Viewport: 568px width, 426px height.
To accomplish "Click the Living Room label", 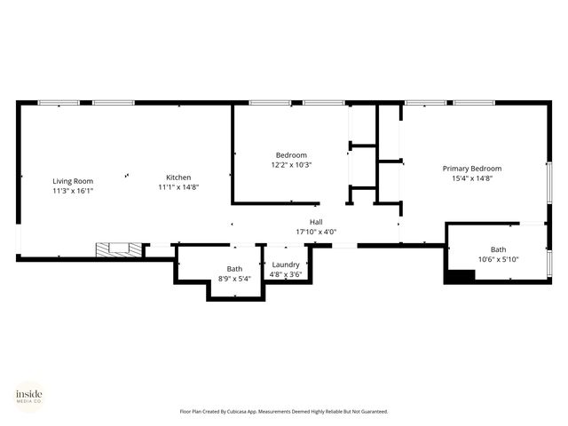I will (73, 181).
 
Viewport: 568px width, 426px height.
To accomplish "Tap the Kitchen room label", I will (178, 177).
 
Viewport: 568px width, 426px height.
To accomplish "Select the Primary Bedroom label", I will (472, 169).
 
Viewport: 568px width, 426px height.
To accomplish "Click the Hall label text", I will (316, 222).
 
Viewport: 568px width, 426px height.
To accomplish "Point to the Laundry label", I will (286, 264).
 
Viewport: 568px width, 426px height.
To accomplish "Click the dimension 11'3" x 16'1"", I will (73, 190).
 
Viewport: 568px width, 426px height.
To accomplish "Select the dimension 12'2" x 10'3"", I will (291, 164).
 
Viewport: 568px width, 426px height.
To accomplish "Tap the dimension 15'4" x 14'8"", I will (472, 178).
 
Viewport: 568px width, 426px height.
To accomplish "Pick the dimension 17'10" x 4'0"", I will (316, 232).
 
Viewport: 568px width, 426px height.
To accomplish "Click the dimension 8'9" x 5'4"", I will (234, 279).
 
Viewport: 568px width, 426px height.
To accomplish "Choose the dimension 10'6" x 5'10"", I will (498, 259).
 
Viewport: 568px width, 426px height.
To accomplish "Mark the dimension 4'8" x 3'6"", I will (286, 274).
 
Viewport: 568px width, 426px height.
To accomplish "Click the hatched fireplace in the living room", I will (113, 250).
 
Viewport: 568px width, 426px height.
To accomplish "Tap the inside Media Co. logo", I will (29, 396).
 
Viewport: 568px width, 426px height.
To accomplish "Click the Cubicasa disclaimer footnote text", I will (284, 412).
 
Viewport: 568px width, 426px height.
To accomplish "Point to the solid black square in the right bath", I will (458, 274).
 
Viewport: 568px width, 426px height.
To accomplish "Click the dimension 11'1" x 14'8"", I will (178, 187).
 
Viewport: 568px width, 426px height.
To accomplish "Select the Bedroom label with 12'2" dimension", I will (291, 154).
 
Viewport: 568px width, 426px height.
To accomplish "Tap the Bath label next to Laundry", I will (234, 269).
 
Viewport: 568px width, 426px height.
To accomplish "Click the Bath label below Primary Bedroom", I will (498, 249).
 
